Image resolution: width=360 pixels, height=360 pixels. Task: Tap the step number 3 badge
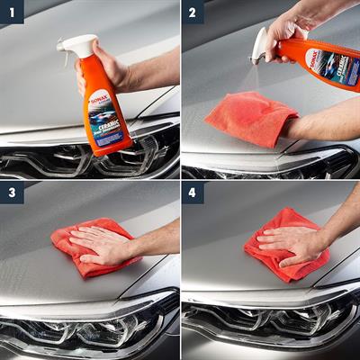[x=11, y=193]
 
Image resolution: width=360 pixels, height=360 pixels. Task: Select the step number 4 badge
[x=193, y=193]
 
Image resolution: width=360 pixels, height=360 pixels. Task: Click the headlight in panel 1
[x=54, y=162]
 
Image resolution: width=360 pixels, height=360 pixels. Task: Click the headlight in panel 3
[x=81, y=328]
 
